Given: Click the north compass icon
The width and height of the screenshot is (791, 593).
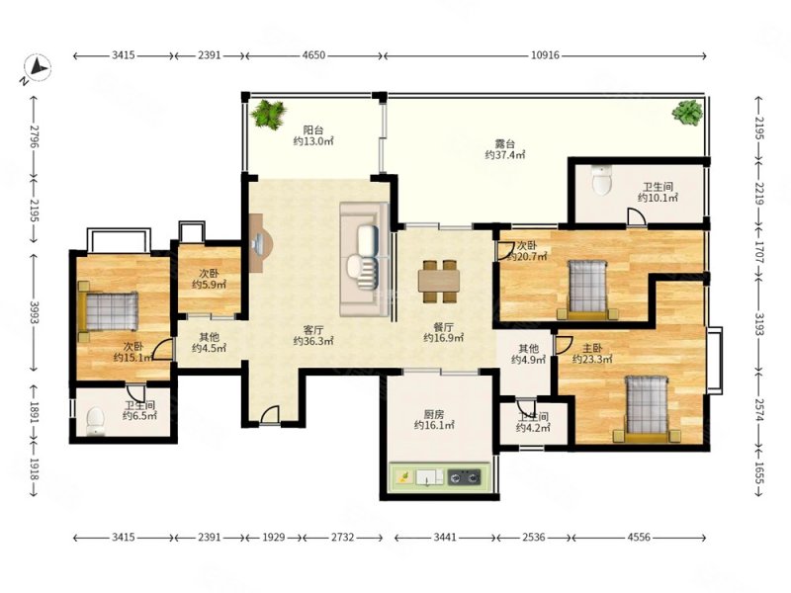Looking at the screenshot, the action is [37, 66].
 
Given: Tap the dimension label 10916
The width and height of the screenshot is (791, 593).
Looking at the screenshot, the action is [545, 55].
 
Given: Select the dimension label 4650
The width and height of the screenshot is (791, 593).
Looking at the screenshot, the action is [313, 55].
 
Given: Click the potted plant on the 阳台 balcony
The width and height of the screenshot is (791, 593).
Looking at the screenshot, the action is [269, 115].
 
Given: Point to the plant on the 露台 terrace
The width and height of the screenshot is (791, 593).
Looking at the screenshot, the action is [687, 113].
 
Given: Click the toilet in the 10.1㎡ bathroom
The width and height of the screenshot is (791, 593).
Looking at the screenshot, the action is [602, 181].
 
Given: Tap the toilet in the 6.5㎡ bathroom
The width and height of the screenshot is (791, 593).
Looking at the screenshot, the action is [95, 422].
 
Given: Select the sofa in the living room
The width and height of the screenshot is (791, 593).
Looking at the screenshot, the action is [364, 260].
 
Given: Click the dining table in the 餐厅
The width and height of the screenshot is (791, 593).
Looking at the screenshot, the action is [439, 282].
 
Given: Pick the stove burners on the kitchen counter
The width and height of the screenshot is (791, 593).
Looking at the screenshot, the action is [464, 476].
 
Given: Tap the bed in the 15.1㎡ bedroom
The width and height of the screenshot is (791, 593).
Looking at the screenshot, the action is [108, 311].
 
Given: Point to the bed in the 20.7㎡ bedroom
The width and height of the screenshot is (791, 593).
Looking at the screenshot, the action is [587, 290].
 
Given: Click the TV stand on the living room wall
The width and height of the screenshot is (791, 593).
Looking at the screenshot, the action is [260, 243].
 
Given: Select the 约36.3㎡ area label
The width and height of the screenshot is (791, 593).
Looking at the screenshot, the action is [313, 341].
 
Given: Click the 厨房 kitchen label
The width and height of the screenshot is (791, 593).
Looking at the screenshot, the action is [434, 414].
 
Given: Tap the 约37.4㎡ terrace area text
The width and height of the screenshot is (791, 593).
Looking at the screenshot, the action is [505, 155].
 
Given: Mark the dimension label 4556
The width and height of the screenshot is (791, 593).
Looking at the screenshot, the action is [639, 537].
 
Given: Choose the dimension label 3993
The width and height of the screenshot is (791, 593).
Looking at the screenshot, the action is [35, 313].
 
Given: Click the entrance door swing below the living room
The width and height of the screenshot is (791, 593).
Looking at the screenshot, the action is [270, 416].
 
